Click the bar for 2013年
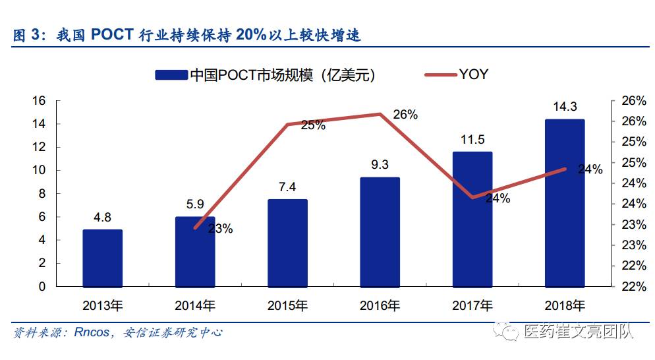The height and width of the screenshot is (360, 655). click(x=102, y=258)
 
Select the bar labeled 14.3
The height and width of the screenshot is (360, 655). click(x=565, y=202)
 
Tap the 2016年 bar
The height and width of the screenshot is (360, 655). click(x=380, y=231)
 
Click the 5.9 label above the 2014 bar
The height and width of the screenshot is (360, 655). click(x=194, y=204)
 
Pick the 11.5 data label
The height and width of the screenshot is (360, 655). click(x=472, y=140)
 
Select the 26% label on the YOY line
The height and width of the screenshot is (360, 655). click(x=405, y=114)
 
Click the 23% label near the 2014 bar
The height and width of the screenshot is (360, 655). click(x=220, y=229)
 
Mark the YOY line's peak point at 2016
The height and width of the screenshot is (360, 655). click(x=380, y=114)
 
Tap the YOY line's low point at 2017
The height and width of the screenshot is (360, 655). click(x=472, y=197)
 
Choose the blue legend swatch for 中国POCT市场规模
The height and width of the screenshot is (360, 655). click(x=171, y=75)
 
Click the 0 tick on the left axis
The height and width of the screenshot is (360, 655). click(x=42, y=287)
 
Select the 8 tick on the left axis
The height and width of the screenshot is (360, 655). click(x=42, y=194)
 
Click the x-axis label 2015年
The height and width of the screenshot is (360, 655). click(x=287, y=306)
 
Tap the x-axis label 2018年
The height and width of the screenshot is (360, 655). click(x=565, y=306)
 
